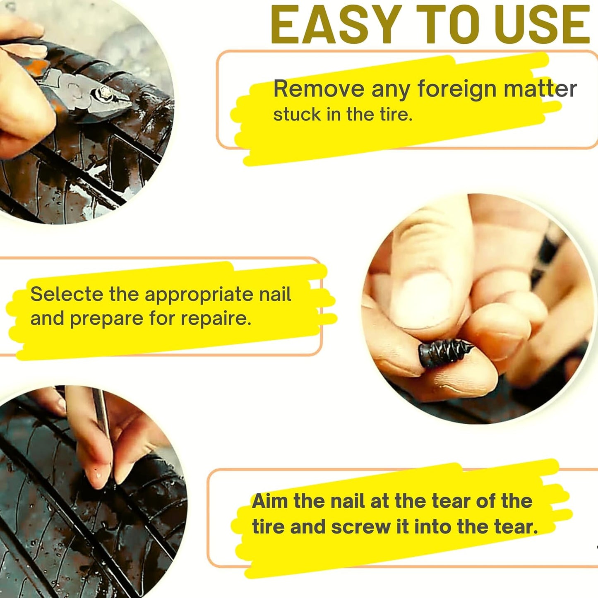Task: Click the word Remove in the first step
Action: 319,89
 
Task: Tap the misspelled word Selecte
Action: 66,294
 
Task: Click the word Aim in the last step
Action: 270,501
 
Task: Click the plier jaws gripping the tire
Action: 112,97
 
